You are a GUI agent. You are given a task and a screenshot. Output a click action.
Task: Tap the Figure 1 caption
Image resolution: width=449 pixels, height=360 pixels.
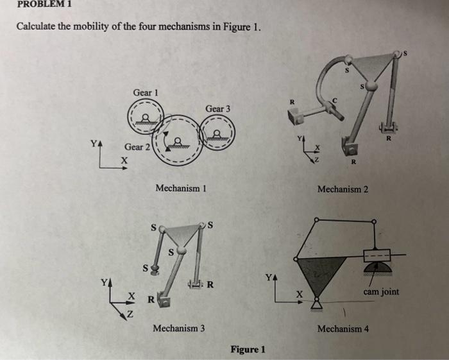[247, 349]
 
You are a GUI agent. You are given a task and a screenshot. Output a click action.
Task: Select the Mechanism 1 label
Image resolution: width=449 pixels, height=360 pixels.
[180, 188]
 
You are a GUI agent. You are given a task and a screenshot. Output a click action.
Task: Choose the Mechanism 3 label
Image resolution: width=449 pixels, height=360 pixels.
[179, 328]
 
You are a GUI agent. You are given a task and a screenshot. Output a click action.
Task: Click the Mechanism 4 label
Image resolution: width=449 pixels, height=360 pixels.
[343, 329]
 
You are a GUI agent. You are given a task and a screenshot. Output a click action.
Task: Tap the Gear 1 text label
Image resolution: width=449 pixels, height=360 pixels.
[146, 93]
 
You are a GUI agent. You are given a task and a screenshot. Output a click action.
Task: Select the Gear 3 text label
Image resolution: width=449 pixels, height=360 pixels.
[219, 108]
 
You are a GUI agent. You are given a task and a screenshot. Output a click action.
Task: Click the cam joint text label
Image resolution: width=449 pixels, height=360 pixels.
[381, 292]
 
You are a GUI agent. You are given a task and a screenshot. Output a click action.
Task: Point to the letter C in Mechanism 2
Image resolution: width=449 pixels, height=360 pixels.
[335, 99]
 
